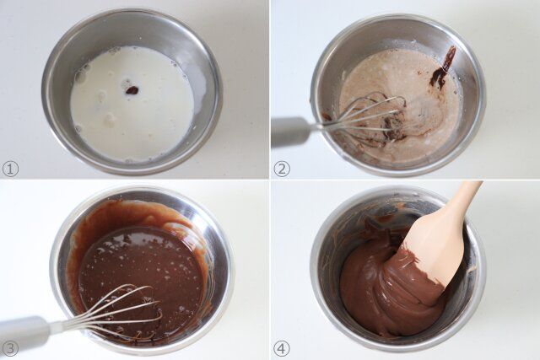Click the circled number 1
[10, 169]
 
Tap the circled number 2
[282, 169]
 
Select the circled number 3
[10, 348]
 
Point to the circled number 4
[282, 348]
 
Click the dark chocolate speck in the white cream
[132, 89]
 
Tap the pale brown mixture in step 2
[405, 93]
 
